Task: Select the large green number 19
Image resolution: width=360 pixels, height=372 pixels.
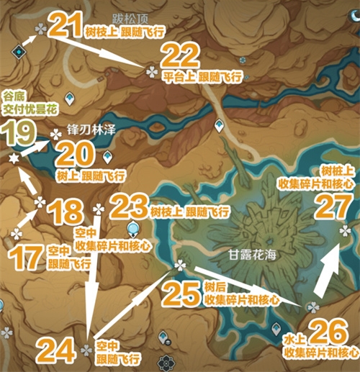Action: pyautogui.click(x=18, y=133)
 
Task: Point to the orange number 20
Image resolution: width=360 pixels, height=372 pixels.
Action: pyautogui.click(x=71, y=154)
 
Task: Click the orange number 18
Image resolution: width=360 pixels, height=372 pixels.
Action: pyautogui.click(x=64, y=212)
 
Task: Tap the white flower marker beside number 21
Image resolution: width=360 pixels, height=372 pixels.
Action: pyautogui.click(x=40, y=28)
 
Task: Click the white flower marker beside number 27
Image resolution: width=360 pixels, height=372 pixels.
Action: pyautogui.click(x=345, y=230)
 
